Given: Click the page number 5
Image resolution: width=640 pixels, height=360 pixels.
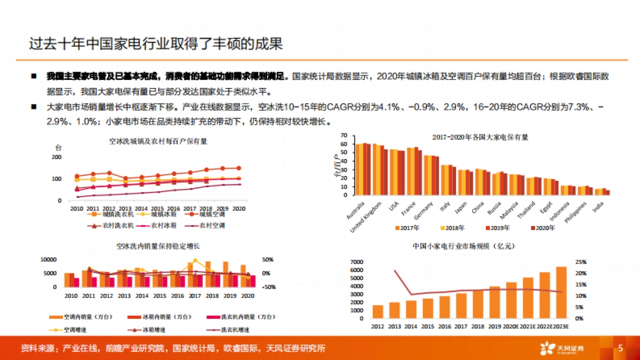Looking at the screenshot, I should (620, 349).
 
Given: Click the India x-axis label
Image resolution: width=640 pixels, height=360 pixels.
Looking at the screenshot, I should (599, 205).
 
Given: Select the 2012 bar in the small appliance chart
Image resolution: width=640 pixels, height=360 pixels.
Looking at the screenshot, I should (378, 311).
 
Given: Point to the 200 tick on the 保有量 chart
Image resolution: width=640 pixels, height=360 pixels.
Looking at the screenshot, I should (57, 157).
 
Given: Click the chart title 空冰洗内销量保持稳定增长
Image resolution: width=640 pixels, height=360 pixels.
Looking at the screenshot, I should (158, 246).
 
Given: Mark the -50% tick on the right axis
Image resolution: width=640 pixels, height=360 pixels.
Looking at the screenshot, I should (267, 287).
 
